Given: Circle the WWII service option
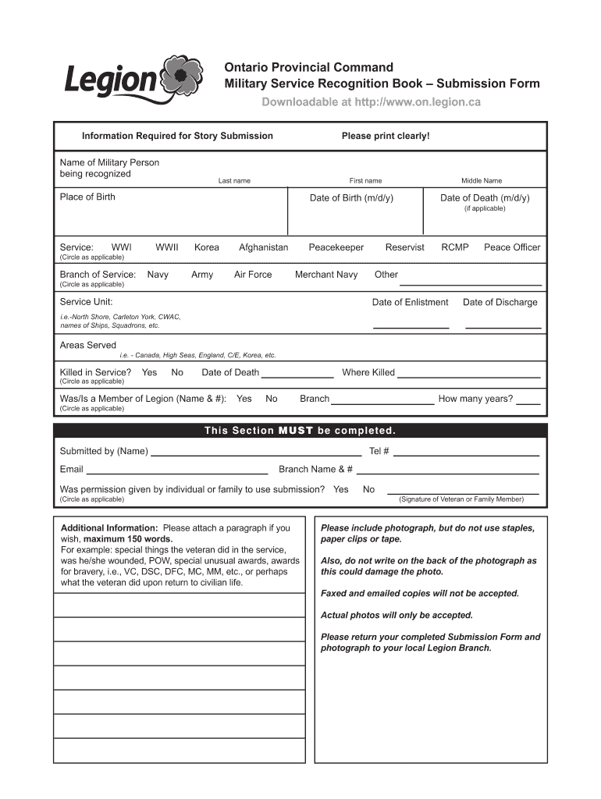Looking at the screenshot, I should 167,247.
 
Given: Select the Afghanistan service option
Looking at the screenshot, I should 263,247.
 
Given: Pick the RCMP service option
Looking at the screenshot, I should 455,247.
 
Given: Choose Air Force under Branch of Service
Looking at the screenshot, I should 253,275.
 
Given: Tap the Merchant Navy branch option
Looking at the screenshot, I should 326,275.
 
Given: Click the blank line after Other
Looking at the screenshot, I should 471,283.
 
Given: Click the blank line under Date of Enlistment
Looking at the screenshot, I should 411,326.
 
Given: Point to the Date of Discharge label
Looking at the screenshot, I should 500,303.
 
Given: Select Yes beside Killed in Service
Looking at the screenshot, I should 149,373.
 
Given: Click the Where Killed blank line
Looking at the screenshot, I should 469,376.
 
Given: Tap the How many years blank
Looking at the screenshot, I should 528,403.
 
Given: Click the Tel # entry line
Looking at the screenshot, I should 466,454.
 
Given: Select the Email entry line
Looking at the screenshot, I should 176,473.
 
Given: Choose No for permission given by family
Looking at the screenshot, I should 368,490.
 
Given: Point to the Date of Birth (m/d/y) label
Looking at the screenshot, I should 351,198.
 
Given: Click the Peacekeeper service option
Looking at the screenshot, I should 336,247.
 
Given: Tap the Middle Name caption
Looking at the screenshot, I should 482,181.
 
